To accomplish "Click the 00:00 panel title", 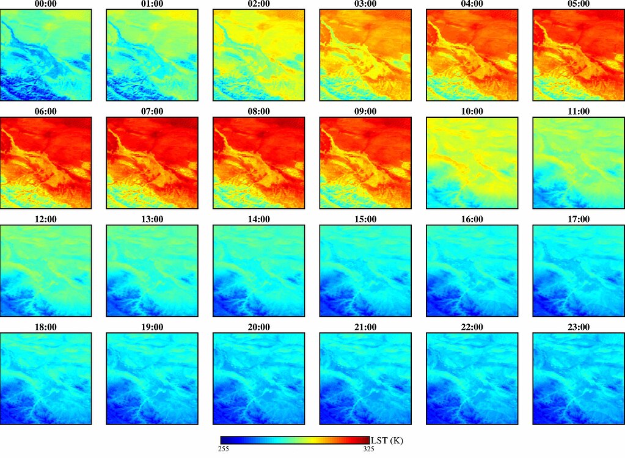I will click(x=46, y=4).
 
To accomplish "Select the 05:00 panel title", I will click(x=578, y=4).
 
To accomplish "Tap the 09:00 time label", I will click(x=365, y=111).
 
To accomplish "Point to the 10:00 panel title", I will click(x=472, y=111).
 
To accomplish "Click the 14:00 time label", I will click(x=259, y=219).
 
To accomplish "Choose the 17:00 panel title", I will click(x=578, y=219).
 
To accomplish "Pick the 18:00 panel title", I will click(x=46, y=327).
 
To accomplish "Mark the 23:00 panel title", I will click(x=578, y=327).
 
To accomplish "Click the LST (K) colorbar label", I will click(x=387, y=440).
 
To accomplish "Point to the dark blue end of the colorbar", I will click(x=223, y=440).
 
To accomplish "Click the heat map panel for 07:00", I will click(x=152, y=162).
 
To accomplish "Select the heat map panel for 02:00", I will click(x=259, y=55).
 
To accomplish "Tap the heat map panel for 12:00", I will click(x=46, y=271).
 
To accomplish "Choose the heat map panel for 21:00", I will click(x=365, y=379).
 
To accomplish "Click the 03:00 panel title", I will click(x=365, y=4).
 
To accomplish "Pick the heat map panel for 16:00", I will click(x=472, y=271).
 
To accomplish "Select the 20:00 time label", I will click(x=259, y=327).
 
